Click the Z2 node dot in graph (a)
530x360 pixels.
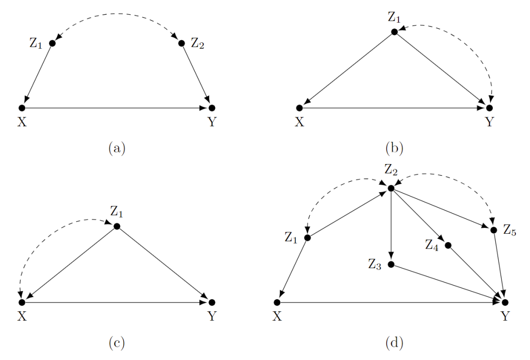[181, 43]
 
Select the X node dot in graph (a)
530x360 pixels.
[22, 108]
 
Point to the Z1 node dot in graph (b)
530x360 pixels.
[394, 32]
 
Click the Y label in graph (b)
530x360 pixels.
[489, 122]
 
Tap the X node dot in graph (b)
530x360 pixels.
[299, 108]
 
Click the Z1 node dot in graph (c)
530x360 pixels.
[117, 226]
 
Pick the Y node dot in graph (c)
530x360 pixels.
[212, 302]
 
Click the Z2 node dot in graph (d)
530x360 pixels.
[391, 188]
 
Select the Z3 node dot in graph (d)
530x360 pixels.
[391, 264]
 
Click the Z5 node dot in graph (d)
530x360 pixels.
[494, 230]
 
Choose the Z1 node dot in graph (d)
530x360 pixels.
[308, 238]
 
